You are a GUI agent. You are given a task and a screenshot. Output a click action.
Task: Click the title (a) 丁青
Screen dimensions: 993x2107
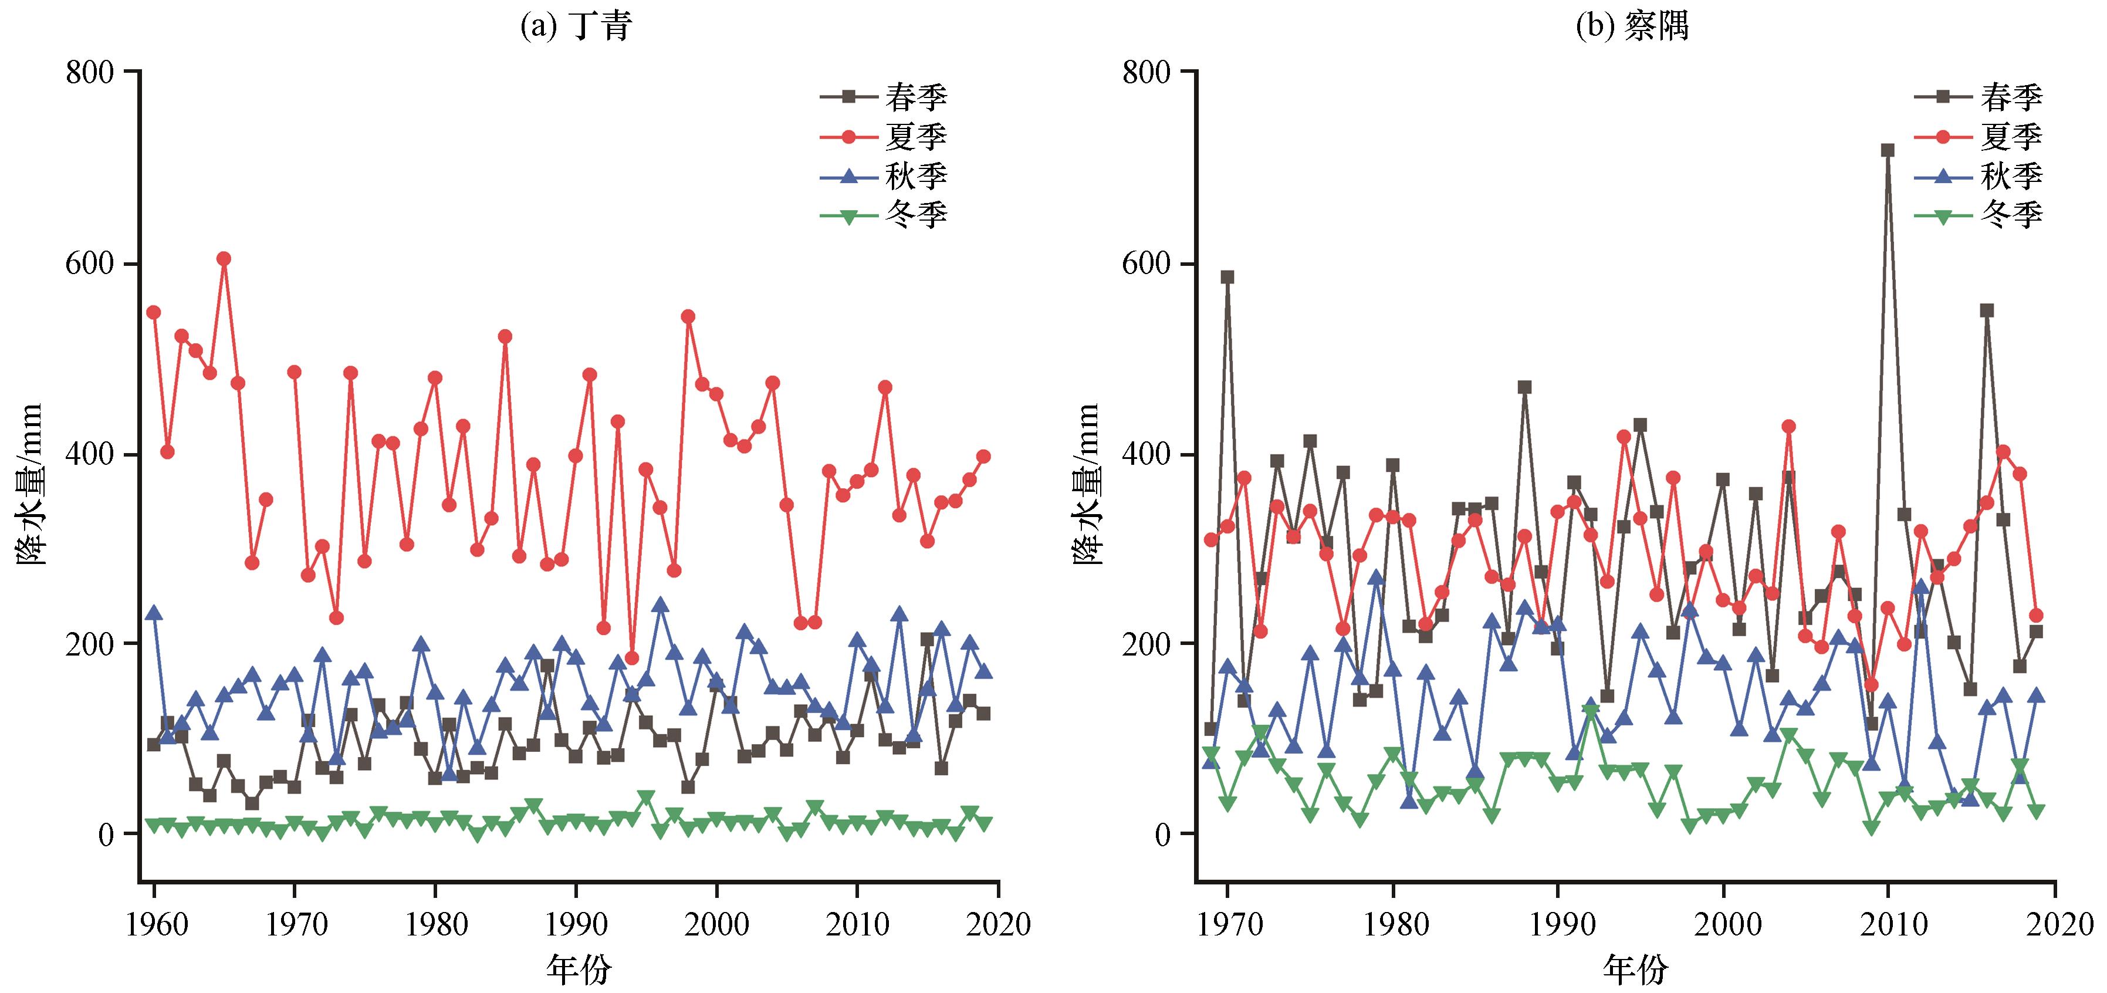[x=577, y=26]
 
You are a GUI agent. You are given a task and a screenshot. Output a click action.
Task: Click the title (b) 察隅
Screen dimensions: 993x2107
[x=1632, y=26]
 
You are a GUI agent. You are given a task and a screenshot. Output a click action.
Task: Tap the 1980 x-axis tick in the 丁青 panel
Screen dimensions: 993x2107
[x=435, y=924]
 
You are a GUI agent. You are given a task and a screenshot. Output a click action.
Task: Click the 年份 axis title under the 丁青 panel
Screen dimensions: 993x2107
[x=579, y=970]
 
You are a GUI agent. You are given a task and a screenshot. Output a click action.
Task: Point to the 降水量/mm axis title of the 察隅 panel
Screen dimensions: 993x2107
[x=1087, y=484]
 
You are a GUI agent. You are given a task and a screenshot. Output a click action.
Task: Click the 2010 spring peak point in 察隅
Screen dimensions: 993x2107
[x=1888, y=150]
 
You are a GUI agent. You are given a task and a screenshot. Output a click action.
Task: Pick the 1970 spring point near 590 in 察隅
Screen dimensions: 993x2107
[x=1227, y=276]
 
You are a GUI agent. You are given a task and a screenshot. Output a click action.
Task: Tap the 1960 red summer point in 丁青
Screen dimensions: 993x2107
[x=153, y=312]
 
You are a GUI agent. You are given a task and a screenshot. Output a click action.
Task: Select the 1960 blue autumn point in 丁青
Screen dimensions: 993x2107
[x=153, y=613]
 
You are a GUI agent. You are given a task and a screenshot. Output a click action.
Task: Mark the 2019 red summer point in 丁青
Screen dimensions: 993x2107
[x=983, y=457]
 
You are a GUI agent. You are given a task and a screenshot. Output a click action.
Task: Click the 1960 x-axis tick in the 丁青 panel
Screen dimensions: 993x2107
[x=154, y=924]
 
